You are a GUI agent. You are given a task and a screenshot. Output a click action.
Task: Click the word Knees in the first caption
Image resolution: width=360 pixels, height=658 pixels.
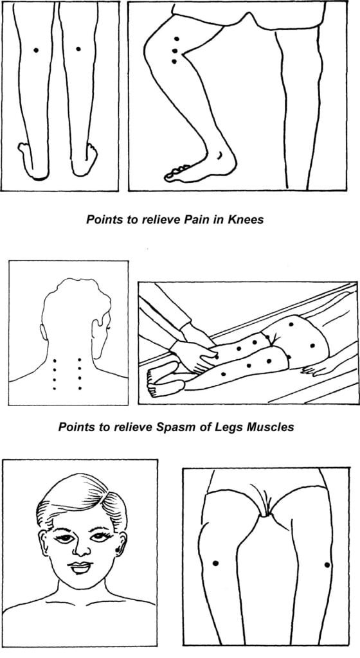click(246, 219)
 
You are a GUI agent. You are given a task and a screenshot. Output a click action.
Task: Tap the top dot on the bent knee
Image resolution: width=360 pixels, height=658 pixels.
click(177, 39)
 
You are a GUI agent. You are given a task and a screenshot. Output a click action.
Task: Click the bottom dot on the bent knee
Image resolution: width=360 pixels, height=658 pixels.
click(174, 62)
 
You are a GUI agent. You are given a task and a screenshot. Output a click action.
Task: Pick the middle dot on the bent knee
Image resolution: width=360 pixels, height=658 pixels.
click(175, 51)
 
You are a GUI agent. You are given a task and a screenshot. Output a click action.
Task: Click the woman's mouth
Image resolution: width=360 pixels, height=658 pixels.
click(81, 567)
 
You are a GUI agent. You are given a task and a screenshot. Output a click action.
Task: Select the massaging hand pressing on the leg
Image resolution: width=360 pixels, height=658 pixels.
click(194, 355)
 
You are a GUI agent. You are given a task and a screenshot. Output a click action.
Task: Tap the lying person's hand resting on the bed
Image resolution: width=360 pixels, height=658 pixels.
click(313, 369)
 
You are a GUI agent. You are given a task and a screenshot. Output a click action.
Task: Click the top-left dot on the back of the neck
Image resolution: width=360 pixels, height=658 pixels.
click(55, 360)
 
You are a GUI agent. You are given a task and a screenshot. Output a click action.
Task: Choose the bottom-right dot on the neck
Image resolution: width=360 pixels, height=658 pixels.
click(80, 387)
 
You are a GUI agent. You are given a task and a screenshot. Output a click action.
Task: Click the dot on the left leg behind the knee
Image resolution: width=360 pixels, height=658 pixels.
click(36, 50)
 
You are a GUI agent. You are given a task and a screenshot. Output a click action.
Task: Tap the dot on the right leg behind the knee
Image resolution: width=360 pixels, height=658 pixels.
click(78, 49)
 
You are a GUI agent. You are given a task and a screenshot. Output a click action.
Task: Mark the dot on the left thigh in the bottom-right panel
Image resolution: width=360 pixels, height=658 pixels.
click(215, 563)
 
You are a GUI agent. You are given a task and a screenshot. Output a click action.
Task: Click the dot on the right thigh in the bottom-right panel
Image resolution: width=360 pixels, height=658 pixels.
click(327, 565)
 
